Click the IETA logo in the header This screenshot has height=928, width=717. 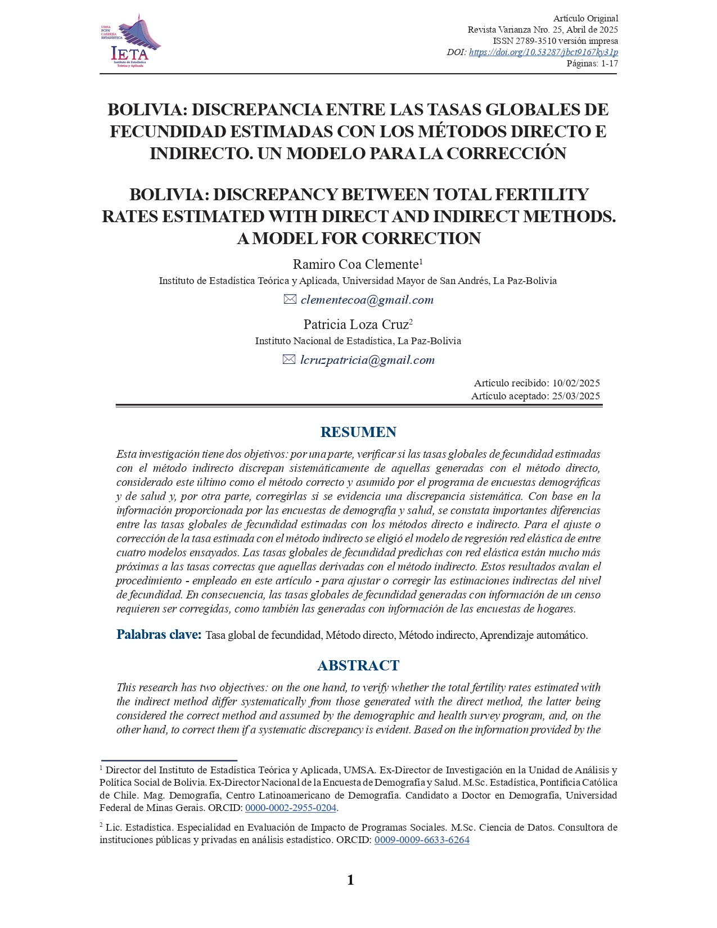coord(130,41)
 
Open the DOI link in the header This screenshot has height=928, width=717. coord(543,52)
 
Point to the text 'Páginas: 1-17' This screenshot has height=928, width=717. coord(592,64)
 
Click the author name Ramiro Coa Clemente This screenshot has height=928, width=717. coord(356,264)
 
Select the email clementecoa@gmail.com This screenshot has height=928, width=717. coord(367,300)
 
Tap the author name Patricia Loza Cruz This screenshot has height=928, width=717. coord(356,325)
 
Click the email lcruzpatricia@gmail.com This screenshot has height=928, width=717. coord(367,360)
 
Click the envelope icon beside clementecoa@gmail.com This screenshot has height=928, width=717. coord(290,300)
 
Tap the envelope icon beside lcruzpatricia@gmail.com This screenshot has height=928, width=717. coord(289,360)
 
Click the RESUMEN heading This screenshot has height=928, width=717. coord(358,432)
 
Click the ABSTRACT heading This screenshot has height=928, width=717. coord(358,665)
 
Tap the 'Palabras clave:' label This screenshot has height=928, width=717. coord(159,635)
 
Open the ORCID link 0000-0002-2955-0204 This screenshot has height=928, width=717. coord(291,808)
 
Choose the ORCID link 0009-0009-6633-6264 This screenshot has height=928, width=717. coord(422,840)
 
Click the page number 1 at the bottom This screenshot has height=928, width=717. coord(351,880)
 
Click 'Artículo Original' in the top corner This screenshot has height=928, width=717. coord(585,19)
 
